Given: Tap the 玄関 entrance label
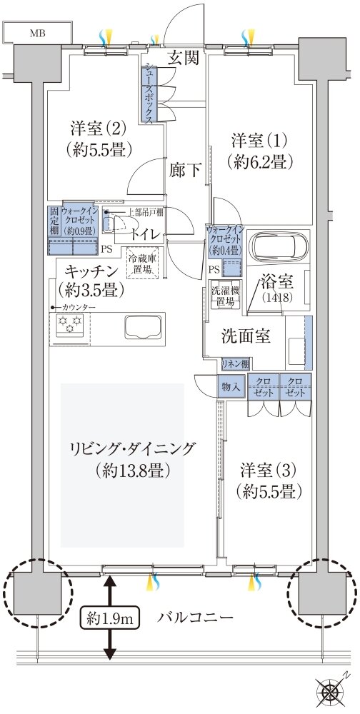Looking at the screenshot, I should click(x=182, y=59).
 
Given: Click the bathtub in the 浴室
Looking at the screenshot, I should click(x=280, y=247).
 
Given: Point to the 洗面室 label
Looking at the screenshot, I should click(x=244, y=336).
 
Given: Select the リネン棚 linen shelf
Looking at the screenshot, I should click(x=235, y=363).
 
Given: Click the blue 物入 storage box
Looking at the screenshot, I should click(x=230, y=386).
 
